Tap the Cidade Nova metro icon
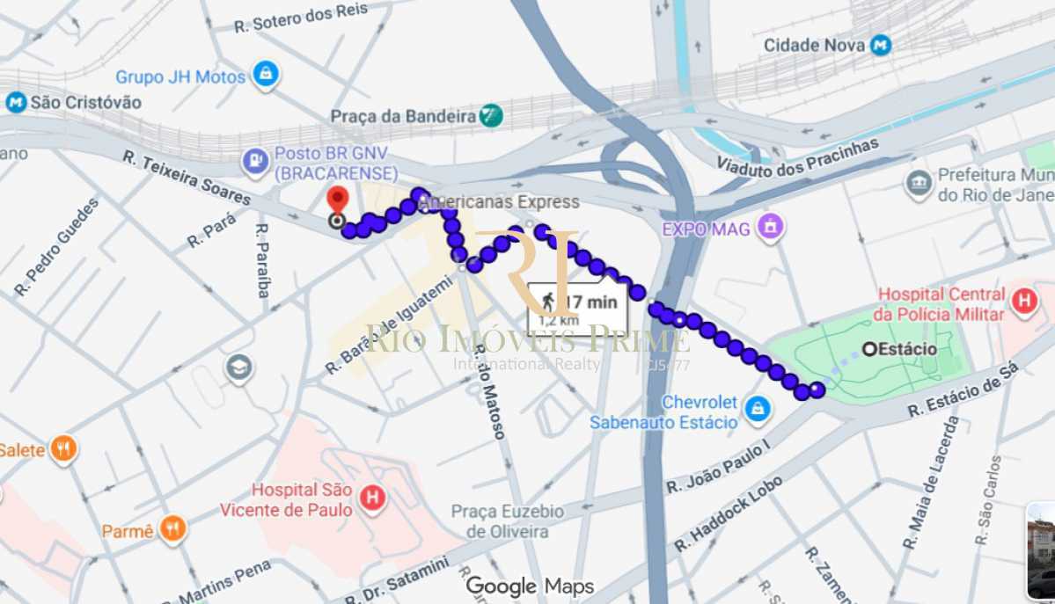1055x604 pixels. coord(880,45)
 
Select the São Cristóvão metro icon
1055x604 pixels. coord(15,102)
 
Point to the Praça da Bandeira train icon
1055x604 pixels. coord(491,115)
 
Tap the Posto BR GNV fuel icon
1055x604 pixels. coord(255,161)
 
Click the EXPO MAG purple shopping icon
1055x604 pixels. coord(771,227)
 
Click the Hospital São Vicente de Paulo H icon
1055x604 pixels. coord(373,498)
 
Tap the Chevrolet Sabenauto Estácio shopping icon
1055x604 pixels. coord(756,409)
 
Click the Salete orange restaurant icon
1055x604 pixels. coord(63,450)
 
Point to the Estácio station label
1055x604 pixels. coord(906,349)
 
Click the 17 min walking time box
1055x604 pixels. coord(578,308)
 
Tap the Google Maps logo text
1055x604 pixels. coord(530,586)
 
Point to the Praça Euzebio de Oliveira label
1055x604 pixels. coord(508,521)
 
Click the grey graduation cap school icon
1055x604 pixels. coord(239,368)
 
